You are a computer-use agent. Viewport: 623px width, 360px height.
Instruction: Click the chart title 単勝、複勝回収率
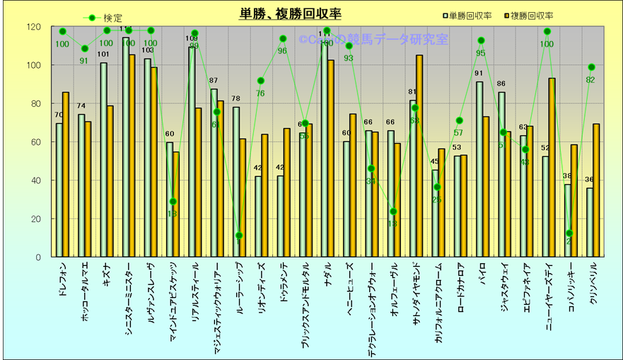tap(290, 14)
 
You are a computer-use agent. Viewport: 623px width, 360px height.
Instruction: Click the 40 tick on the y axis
tap(35, 180)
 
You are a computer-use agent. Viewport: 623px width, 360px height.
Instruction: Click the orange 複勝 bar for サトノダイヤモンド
tap(419, 156)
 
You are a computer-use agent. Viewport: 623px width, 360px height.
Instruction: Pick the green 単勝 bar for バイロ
tap(479, 169)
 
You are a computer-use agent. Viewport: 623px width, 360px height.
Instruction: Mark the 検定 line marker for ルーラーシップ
tap(239, 236)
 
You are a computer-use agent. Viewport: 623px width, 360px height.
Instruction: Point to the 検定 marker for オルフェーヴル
tap(393, 211)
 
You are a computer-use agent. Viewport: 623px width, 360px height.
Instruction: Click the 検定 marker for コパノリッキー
tap(569, 233)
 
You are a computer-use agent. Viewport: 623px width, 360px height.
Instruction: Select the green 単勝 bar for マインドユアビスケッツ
tap(170, 199)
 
